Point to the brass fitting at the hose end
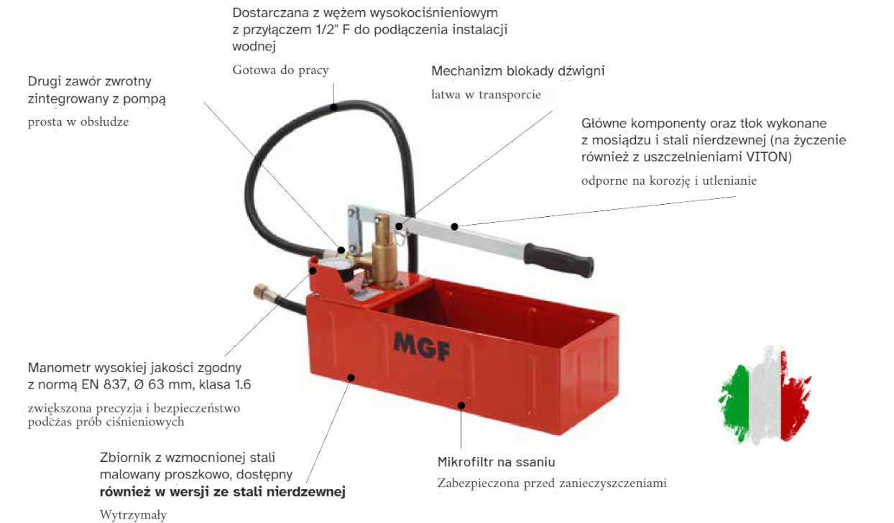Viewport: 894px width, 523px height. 260,294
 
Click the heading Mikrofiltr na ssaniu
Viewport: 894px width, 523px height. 496,462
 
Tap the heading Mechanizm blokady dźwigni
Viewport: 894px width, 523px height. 517,71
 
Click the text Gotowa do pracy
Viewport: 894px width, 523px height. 280,70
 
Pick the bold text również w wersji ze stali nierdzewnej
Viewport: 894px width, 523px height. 222,492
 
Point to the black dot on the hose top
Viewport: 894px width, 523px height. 333,107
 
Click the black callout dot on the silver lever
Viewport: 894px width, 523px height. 455,227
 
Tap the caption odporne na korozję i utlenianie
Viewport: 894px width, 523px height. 668,181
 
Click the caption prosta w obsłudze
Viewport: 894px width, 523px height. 78,121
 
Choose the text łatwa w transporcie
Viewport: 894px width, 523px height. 486,95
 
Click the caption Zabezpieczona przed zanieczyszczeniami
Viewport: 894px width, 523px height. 552,483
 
